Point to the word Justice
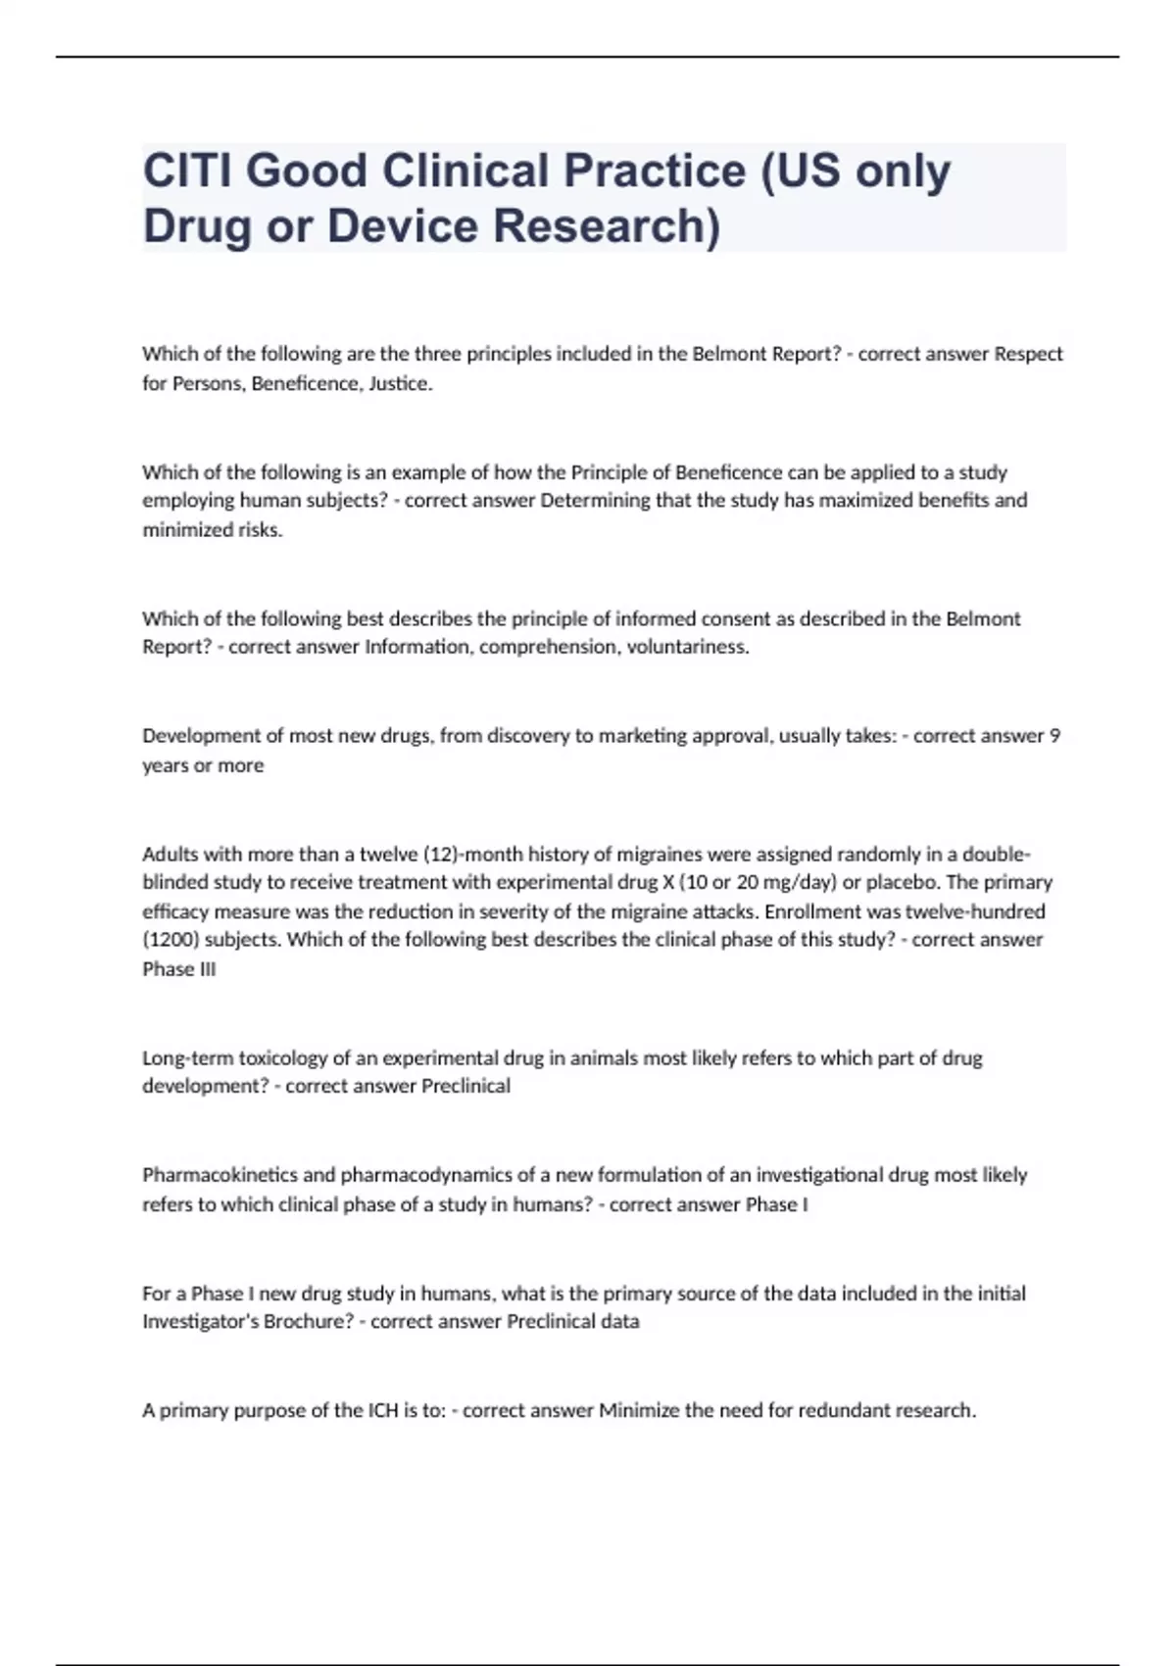(399, 383)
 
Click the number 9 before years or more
(1054, 736)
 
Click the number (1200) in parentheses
(169, 940)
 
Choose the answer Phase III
(179, 969)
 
